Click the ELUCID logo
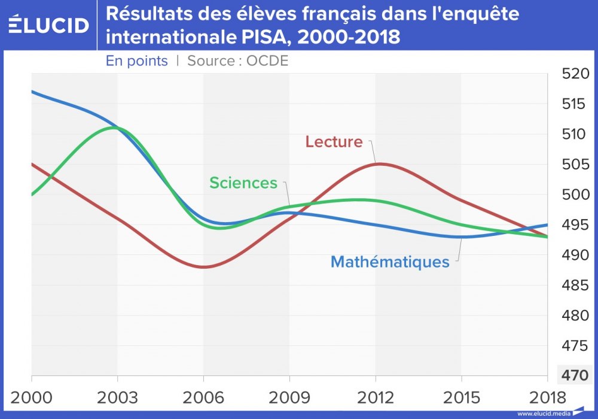tap(48, 25)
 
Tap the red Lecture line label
tap(334, 142)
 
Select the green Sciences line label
tap(243, 183)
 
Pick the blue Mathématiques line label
tap(389, 262)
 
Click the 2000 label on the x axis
tap(31, 398)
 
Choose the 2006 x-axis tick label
tap(203, 398)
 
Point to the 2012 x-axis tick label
tap(376, 398)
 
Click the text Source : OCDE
tap(238, 61)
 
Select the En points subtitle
tap(137, 61)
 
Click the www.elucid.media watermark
tap(544, 414)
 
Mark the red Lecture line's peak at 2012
tap(378, 163)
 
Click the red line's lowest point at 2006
tap(203, 267)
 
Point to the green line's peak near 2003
tap(114, 127)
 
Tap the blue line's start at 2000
tap(32, 92)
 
